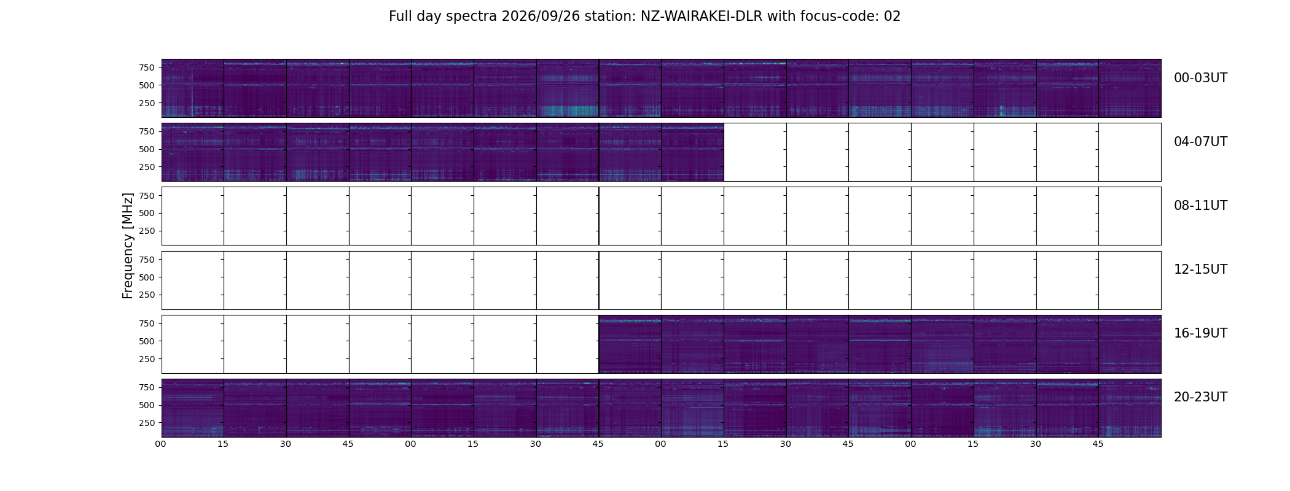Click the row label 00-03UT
tap(1200, 78)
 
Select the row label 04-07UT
tap(1200, 142)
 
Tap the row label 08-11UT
tap(1200, 206)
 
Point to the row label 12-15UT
tap(1200, 269)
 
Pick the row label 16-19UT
tap(1200, 333)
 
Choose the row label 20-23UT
tap(1200, 397)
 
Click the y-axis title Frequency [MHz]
tap(128, 246)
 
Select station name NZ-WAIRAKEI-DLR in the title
tap(702, 17)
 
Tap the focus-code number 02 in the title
tap(892, 17)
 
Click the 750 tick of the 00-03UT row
tap(146, 68)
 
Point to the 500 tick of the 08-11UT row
tap(146, 213)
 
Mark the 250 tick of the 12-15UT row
tap(146, 295)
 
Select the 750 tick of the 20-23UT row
tap(146, 387)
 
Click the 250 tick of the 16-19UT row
tap(146, 359)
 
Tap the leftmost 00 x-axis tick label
tap(161, 444)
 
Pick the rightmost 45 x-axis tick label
tap(1098, 444)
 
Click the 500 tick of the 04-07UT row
tap(146, 149)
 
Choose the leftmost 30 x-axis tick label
tap(286, 444)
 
